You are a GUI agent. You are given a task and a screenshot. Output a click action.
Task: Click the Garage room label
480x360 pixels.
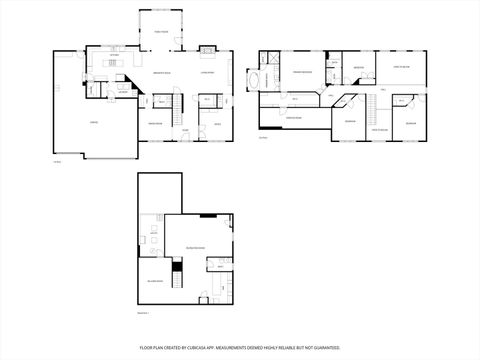(93, 122)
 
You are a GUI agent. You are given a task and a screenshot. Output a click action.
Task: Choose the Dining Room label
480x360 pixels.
(156, 123)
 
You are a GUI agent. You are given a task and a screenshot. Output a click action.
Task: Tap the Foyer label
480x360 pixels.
(185, 130)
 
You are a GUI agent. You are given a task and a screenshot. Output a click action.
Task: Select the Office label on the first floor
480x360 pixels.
(216, 123)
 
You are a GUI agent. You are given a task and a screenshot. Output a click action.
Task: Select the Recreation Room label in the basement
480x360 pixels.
(195, 246)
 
